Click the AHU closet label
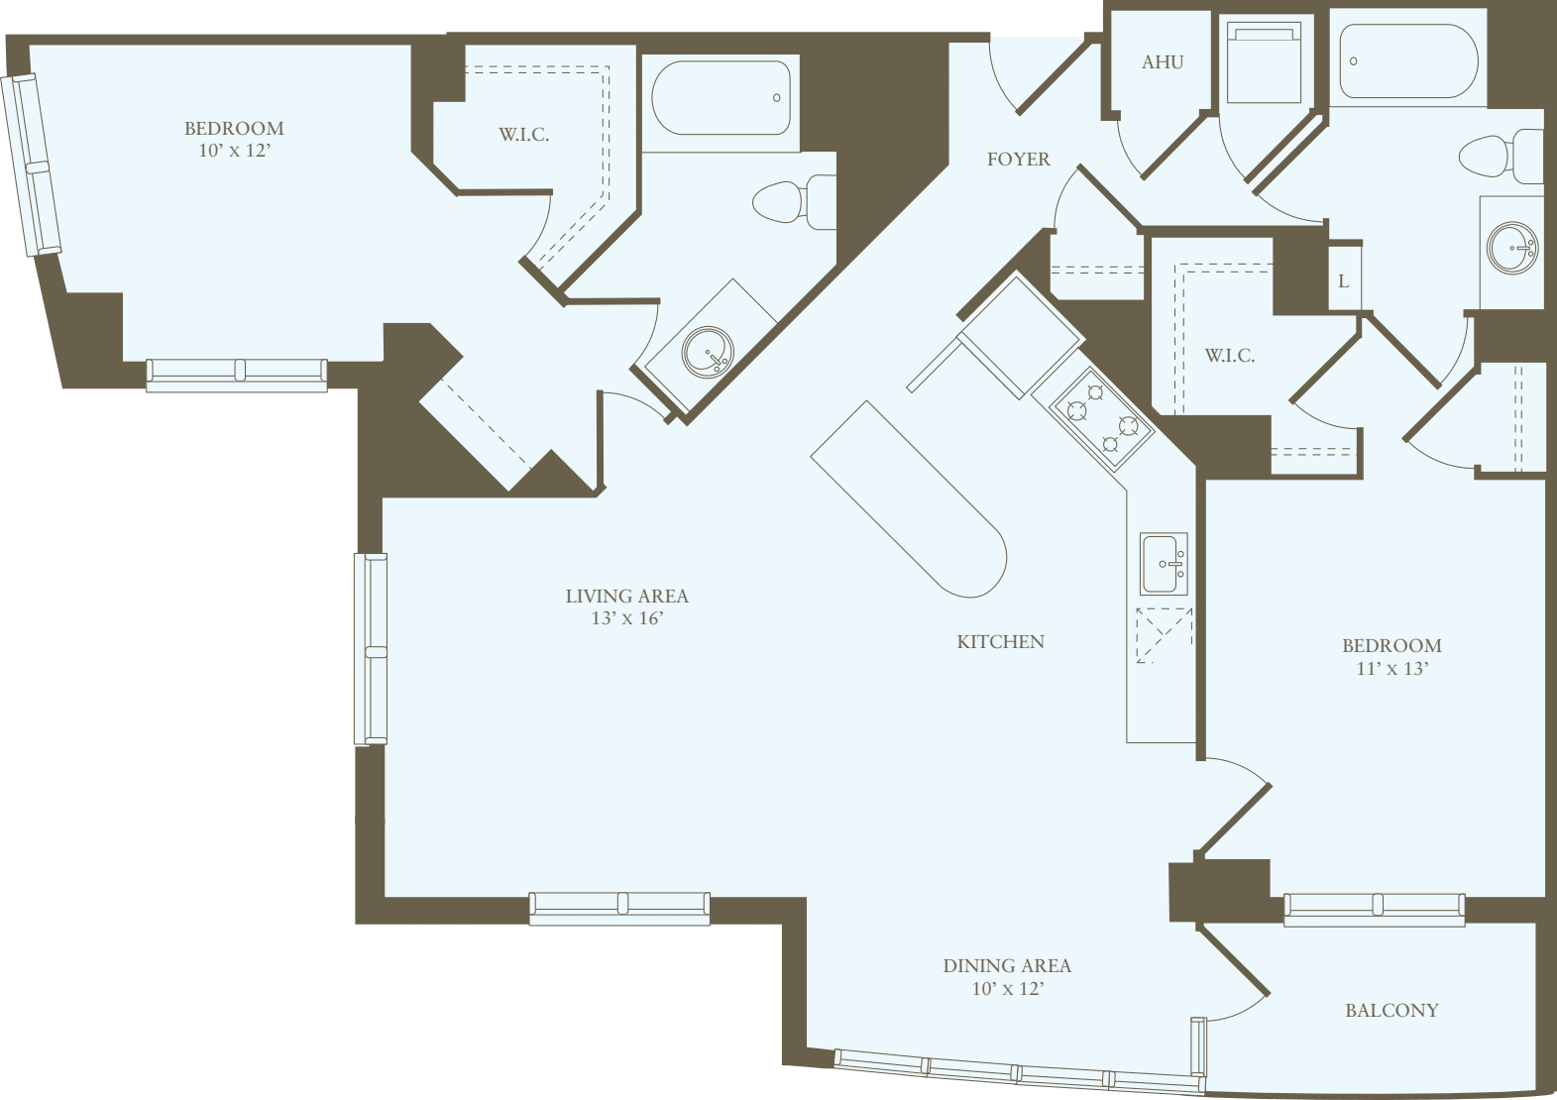(1163, 62)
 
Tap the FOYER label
(1018, 159)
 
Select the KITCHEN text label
(1000, 642)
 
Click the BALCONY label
(1390, 1011)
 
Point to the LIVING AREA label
(626, 596)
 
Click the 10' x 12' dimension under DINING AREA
(1007, 988)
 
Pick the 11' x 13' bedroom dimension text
(1391, 669)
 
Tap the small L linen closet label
(1343, 281)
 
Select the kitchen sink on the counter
(1164, 564)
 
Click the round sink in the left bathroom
(709, 352)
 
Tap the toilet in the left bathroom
(793, 202)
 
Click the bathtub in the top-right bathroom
(1407, 60)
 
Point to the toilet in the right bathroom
(1500, 156)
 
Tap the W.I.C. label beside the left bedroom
(523, 135)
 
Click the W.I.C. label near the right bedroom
(1229, 356)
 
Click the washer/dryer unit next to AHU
(1263, 63)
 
